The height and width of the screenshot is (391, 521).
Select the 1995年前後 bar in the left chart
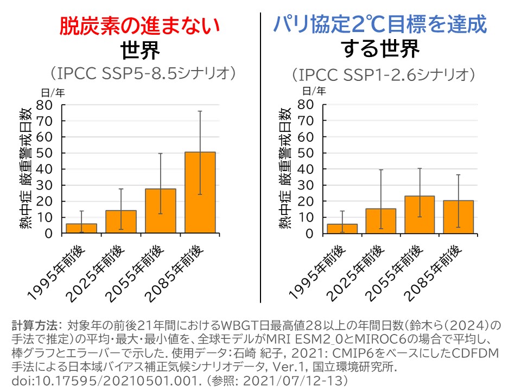(81, 229)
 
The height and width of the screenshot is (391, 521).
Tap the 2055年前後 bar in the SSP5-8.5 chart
(161, 211)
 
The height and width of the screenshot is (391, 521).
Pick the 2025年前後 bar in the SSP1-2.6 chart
(381, 221)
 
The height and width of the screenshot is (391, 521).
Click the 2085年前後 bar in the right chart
(459, 217)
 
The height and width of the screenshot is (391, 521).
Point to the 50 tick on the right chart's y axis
(307, 153)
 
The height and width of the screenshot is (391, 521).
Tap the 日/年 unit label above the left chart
(53, 91)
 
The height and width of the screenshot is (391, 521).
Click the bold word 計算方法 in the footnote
(34, 326)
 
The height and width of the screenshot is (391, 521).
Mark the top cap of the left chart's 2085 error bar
(200, 111)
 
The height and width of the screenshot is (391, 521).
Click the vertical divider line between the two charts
(261, 157)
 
